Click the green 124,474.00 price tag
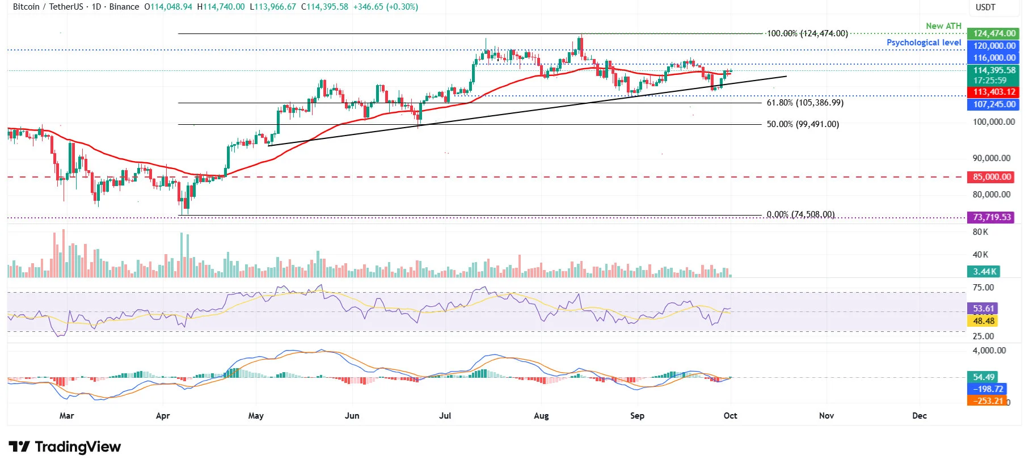pyautogui.click(x=994, y=33)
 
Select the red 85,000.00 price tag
pyautogui.click(x=992, y=177)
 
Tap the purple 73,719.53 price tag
pyautogui.click(x=992, y=217)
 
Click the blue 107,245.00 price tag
pyautogui.click(x=994, y=104)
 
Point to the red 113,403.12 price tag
pyautogui.click(x=994, y=92)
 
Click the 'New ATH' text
pyautogui.click(x=943, y=26)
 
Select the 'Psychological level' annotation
pyautogui.click(x=923, y=43)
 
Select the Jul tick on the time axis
pyautogui.click(x=445, y=416)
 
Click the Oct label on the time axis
pyautogui.click(x=730, y=416)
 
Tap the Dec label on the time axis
pyautogui.click(x=919, y=416)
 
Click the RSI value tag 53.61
pyautogui.click(x=983, y=309)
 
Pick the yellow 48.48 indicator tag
pyautogui.click(x=983, y=321)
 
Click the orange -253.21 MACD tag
pyautogui.click(x=988, y=401)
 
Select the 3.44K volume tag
pyautogui.click(x=984, y=272)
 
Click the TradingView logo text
pyautogui.click(x=77, y=447)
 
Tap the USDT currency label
pyautogui.click(x=985, y=7)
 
